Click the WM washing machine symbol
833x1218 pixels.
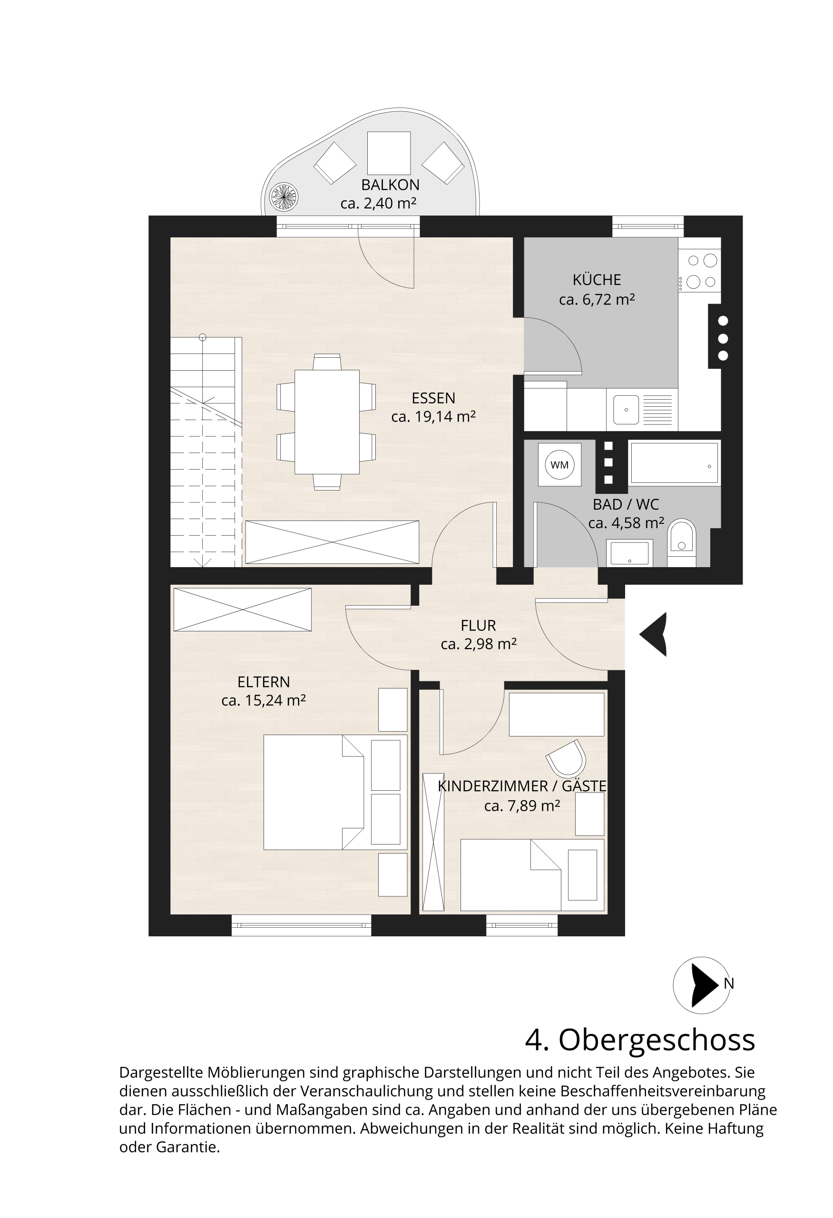(559, 464)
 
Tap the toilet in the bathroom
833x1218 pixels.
(682, 542)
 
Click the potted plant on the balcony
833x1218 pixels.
(284, 197)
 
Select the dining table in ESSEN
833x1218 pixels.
(327, 422)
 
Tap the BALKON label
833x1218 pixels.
(390, 185)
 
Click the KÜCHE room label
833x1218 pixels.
(597, 280)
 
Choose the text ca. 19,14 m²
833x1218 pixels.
(433, 417)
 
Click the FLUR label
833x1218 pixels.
(478, 625)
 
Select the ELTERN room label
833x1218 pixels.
(264, 682)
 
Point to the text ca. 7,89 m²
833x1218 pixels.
(522, 805)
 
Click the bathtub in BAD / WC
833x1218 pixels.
(674, 462)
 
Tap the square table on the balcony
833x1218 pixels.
(389, 153)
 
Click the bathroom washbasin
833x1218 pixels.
(629, 553)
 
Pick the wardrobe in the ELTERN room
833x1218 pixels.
(243, 609)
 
